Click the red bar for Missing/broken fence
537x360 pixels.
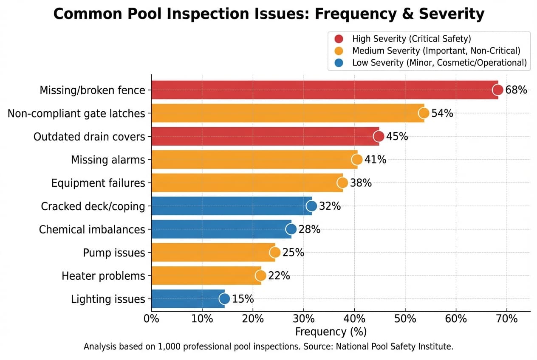(323, 90)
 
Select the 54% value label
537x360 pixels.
(442, 113)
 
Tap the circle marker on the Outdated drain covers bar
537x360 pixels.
(379, 136)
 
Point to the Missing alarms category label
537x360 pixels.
(108, 160)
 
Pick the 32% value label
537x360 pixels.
(330, 206)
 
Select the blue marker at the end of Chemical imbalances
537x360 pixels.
(291, 229)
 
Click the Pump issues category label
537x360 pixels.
(114, 253)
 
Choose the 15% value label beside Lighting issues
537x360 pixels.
(243, 299)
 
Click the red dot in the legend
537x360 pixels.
(339, 39)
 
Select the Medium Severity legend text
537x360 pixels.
(436, 51)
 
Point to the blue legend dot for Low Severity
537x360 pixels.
(339, 63)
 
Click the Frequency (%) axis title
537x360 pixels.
(331, 332)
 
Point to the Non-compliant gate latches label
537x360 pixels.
(76, 114)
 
